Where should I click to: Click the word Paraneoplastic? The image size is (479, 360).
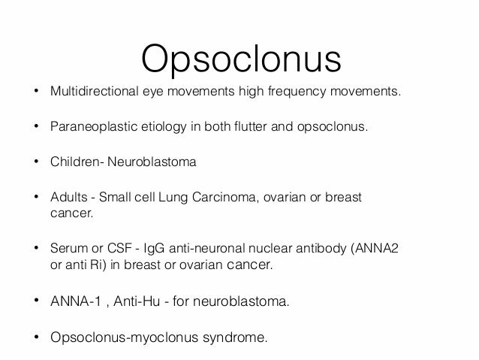(86, 128)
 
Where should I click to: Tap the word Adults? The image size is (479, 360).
(67, 197)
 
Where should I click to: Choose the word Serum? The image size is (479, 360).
(67, 249)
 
